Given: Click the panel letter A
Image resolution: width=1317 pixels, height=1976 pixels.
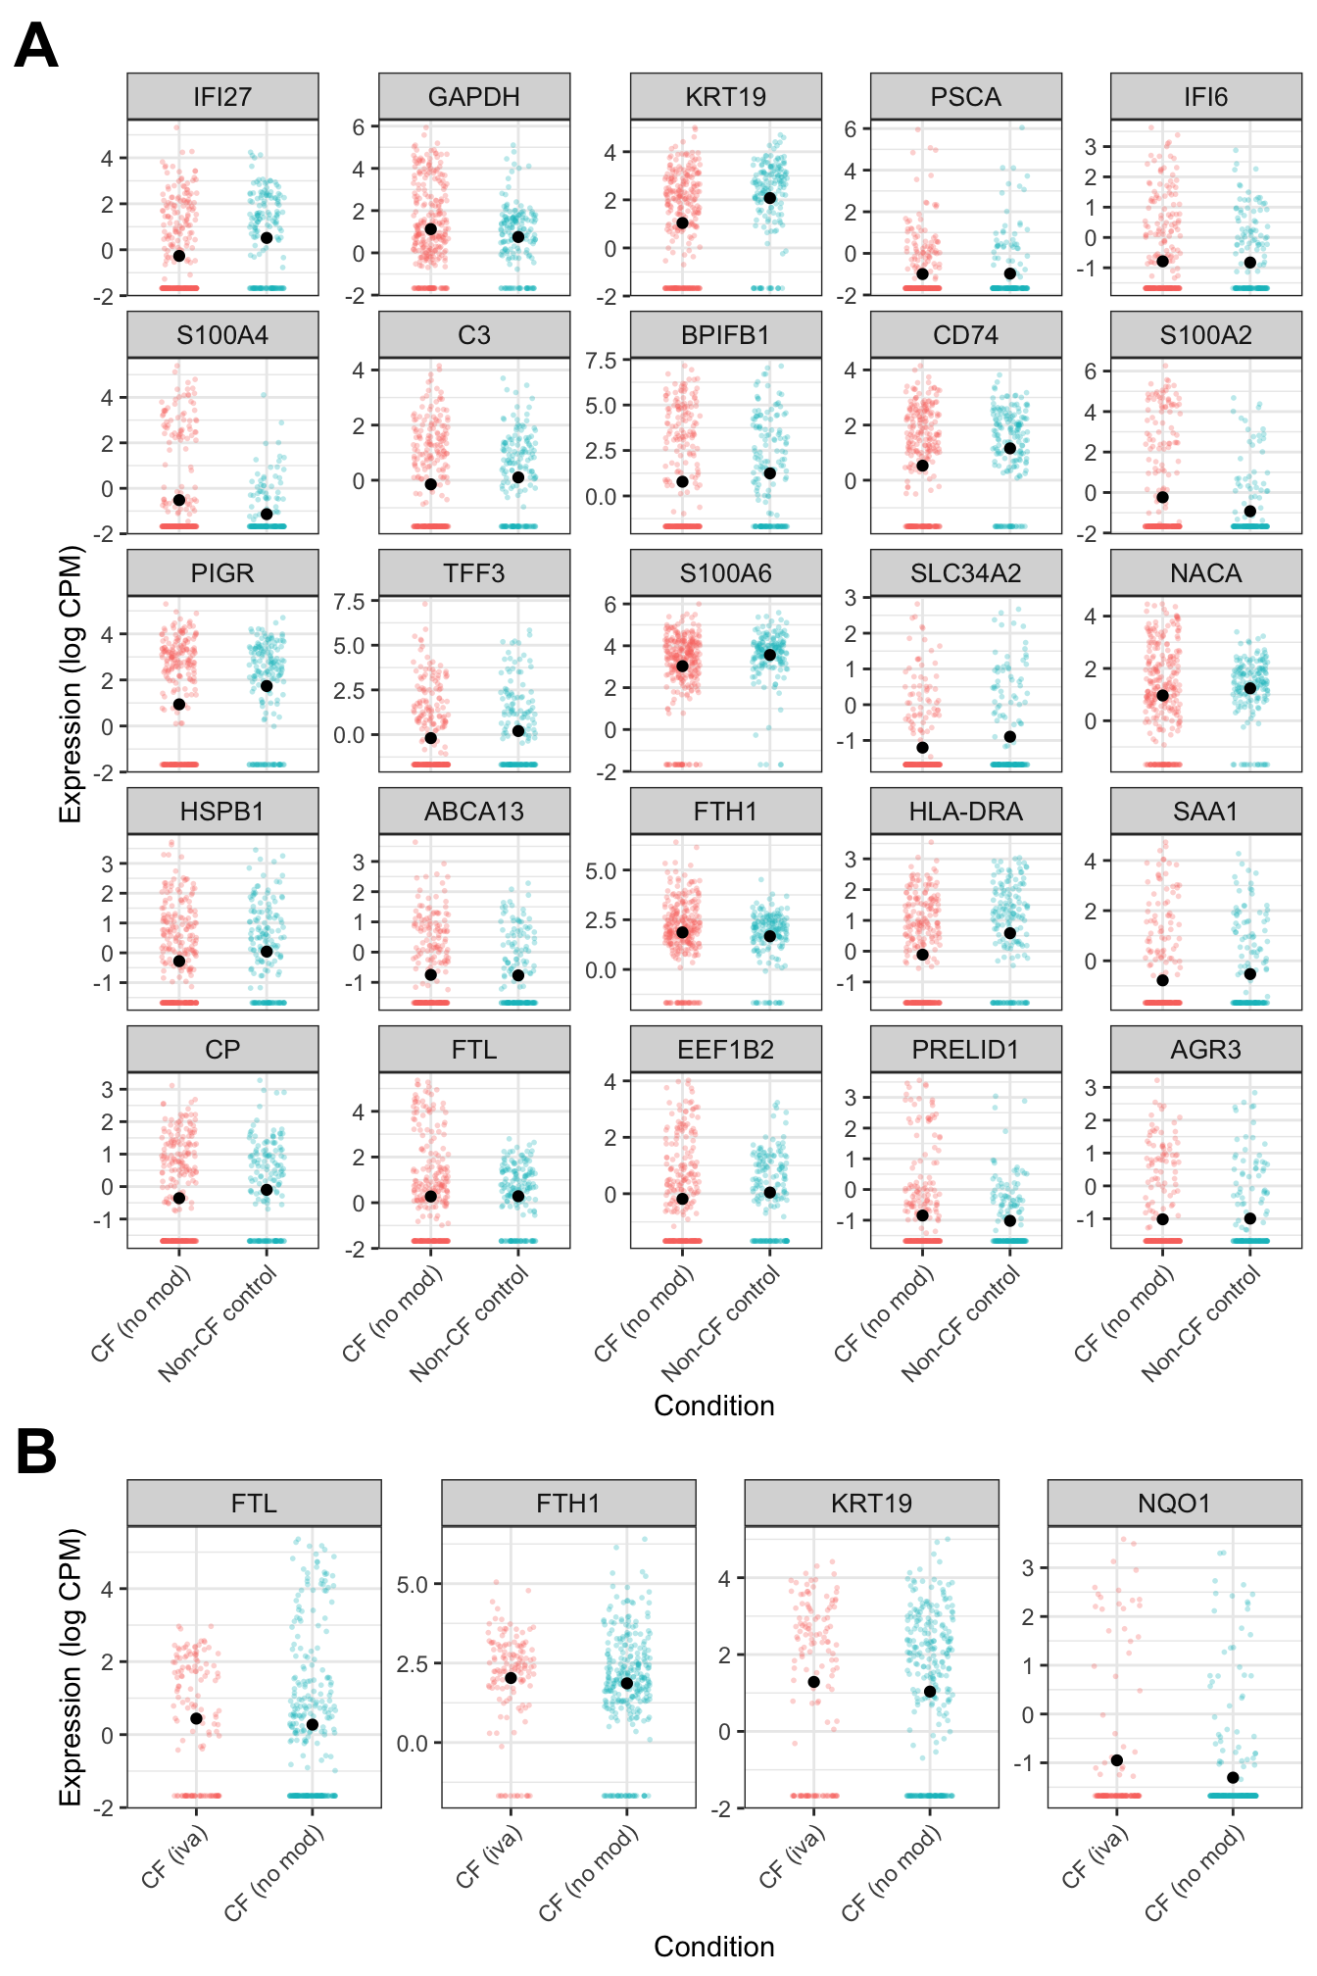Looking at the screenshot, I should pos(36,46).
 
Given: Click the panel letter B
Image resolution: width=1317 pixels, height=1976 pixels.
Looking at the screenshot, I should pos(36,1452).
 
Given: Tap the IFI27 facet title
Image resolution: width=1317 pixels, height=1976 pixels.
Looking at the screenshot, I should pos(222,97).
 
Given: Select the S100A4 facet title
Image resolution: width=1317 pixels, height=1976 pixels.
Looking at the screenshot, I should pos(222,335).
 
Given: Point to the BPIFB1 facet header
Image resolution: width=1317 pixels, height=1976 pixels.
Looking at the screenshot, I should pos(725,335).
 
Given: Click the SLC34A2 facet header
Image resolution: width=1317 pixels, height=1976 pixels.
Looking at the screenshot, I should pos(965,573).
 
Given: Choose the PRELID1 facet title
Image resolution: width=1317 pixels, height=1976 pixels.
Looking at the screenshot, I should pos(965,1050).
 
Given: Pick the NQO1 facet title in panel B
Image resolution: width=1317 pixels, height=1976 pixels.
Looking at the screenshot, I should pos(1174,1504).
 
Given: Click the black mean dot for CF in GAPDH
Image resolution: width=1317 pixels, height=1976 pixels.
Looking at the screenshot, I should pos(431,229).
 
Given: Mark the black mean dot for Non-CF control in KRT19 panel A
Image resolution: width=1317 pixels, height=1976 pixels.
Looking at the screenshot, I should pos(770,198).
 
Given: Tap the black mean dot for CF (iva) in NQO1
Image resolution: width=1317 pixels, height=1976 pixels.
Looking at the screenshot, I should pos(1117,1760).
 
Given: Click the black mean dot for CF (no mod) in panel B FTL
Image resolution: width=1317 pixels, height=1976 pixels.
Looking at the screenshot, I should pos(313,1724).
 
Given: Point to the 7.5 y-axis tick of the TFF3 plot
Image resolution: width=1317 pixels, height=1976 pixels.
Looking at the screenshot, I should pos(349,602).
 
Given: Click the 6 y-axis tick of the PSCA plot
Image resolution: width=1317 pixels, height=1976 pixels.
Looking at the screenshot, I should pos(851,129).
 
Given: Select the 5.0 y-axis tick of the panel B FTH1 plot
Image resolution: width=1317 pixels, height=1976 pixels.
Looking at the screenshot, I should pos(412,1585).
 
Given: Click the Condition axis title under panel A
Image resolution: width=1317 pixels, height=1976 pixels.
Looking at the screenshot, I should pos(713,1406).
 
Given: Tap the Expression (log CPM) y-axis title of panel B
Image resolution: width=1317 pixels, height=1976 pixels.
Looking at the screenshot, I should pos(71,1666).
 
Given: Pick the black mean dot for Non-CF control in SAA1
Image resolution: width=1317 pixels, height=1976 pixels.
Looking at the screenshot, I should pos(1250,974).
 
